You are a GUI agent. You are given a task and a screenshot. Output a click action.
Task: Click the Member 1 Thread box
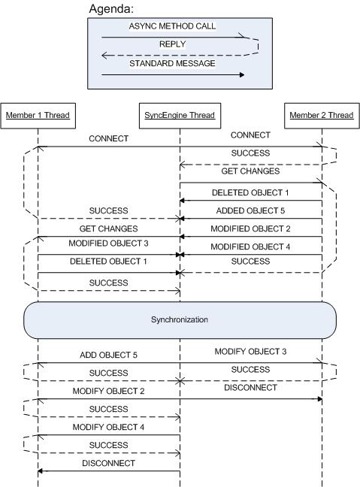pos(38,116)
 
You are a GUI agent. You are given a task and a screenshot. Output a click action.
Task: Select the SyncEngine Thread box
pos(180,116)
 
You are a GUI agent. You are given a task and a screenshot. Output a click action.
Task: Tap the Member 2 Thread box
pos(322,116)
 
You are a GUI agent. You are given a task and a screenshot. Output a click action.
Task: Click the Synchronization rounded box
pos(180,320)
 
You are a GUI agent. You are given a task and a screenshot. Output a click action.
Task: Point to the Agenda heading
pos(111,9)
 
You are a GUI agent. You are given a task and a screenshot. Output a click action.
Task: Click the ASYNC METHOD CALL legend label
pos(172,26)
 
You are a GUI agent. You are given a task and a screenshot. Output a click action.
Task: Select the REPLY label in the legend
pos(172,44)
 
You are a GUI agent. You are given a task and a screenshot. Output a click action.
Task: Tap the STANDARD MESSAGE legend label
pos(172,63)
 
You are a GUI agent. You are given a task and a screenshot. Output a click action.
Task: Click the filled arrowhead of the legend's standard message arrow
pos(242,75)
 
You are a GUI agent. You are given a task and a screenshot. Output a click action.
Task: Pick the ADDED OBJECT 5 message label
pos(250,210)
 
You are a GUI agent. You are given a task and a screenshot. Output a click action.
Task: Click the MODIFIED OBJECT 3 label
pos(108,243)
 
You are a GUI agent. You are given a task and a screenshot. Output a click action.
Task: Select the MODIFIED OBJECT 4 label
pos(250,247)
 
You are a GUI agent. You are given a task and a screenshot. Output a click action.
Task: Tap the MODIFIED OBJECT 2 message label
pos(250,228)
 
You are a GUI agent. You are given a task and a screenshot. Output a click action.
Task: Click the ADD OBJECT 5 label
pos(108,355)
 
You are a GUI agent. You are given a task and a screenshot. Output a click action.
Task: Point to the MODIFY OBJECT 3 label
pos(250,351)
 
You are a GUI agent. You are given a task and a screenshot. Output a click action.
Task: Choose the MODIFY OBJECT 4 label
pos(108,427)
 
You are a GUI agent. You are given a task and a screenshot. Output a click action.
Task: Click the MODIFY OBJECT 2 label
pos(108,391)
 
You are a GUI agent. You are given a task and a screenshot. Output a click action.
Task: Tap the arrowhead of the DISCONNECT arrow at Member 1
pos(40,471)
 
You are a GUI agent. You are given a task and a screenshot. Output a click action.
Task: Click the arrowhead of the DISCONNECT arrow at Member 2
pos(320,399)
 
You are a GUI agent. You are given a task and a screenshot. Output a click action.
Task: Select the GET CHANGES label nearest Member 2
pos(250,171)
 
